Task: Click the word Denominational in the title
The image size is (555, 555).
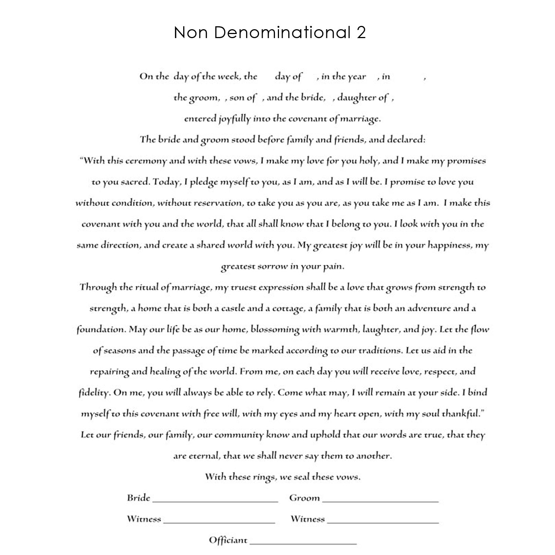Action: click(282, 33)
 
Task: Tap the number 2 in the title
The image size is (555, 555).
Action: click(361, 33)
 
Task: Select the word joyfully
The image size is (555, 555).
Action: click(234, 119)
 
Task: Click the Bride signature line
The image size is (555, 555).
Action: click(215, 501)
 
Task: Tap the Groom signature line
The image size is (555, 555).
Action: click(380, 501)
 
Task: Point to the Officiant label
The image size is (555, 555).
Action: click(228, 540)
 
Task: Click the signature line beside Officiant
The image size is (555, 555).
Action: click(303, 543)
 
